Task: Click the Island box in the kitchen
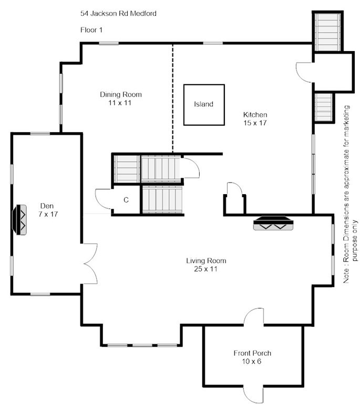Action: pos(204,105)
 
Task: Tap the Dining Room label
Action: pos(121,95)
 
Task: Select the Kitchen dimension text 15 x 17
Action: pos(255,123)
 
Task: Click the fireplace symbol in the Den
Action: pos(19,220)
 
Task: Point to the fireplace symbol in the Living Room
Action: pos(273,223)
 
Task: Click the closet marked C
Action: pos(126,200)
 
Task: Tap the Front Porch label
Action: pos(252,353)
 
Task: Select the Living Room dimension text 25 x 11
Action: pos(205,269)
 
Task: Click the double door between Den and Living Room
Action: pos(90,264)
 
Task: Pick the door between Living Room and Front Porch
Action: pos(253,317)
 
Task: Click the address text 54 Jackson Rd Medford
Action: pos(118,13)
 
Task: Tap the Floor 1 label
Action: pos(91,30)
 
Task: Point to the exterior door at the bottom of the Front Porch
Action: pos(253,394)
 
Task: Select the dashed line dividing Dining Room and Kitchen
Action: pos(173,98)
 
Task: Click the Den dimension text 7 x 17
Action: pos(48,214)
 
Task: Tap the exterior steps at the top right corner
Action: pos(327,32)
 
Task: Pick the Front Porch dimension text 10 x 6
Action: pos(252,361)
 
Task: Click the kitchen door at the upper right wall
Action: pos(304,73)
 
